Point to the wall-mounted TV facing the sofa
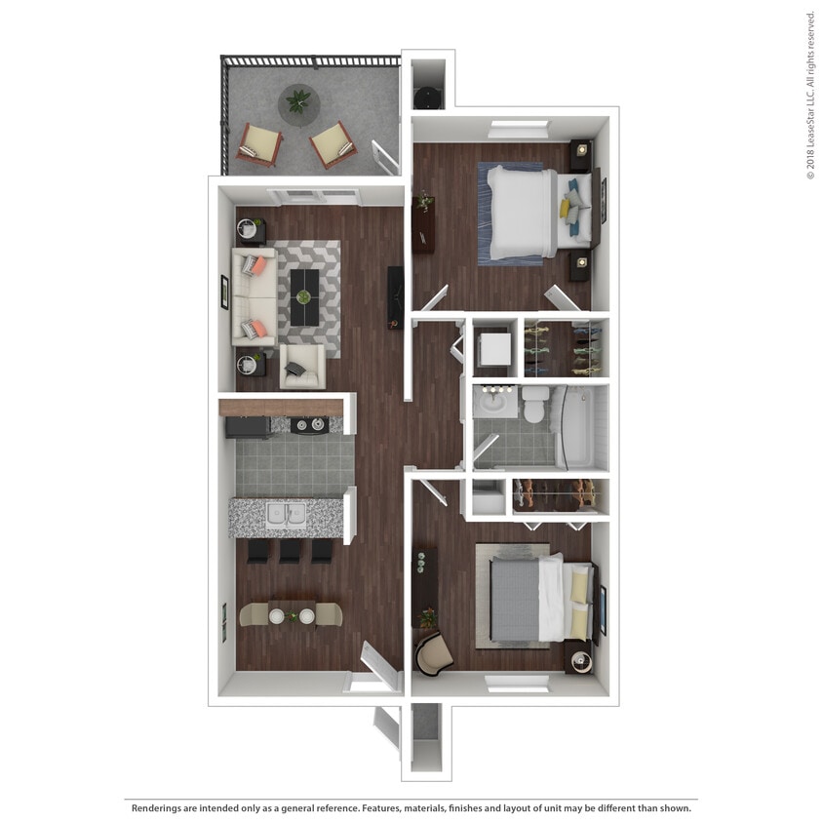395,295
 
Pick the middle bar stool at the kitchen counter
290,552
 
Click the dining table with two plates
291,614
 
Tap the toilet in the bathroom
534,404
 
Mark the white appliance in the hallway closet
492,348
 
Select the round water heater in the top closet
427,97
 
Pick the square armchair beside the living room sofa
301,367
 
